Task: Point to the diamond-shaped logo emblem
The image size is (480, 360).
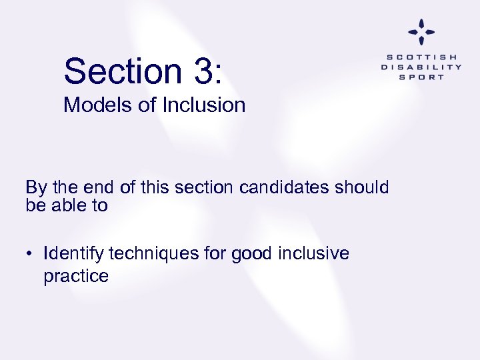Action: [x=421, y=32]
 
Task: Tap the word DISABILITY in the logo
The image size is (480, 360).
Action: [x=421, y=67]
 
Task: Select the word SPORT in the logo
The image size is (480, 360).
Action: [x=421, y=77]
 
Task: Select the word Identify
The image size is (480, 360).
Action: [x=73, y=254]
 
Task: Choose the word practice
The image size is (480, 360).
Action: [x=76, y=276]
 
